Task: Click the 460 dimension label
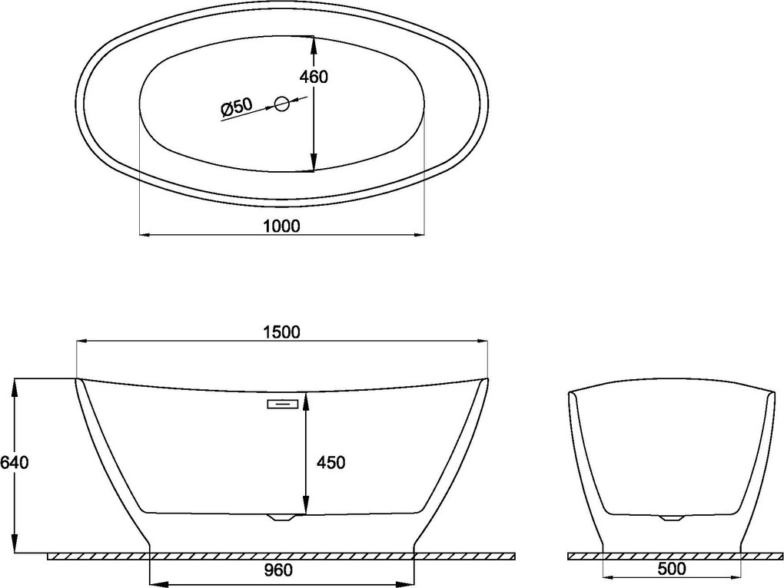(314, 77)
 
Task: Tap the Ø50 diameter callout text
(237, 107)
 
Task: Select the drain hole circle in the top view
(282, 104)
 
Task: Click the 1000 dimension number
(281, 226)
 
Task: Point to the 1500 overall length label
(281, 332)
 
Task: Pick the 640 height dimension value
(15, 463)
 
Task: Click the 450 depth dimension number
(331, 463)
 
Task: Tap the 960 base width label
(278, 570)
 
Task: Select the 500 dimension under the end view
(672, 568)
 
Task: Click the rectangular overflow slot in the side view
(283, 404)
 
